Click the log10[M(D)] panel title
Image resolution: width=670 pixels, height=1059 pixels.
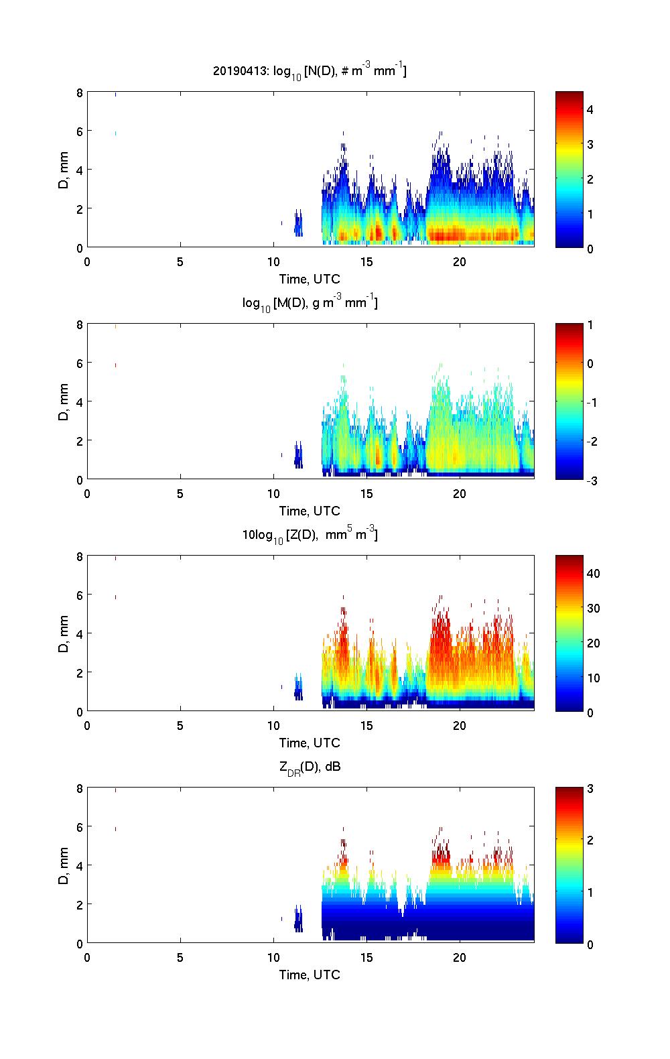(310, 303)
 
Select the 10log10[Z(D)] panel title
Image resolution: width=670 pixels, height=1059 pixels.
(310, 535)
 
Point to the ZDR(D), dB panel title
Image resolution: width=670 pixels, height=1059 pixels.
(310, 767)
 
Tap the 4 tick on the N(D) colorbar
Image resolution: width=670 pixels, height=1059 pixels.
(590, 109)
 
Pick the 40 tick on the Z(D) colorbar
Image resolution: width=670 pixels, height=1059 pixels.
(593, 573)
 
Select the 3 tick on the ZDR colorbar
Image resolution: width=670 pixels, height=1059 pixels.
(590, 789)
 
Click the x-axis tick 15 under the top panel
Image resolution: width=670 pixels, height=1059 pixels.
(366, 262)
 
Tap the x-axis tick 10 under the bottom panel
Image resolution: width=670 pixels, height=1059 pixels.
(273, 958)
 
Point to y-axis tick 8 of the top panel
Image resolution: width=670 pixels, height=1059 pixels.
(79, 92)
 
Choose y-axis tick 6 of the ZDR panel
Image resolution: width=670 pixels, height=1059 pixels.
(79, 828)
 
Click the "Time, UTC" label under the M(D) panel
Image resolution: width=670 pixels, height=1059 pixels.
(310, 511)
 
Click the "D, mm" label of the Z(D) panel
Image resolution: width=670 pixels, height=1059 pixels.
(64, 633)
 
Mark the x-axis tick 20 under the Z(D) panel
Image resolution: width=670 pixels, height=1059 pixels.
(460, 726)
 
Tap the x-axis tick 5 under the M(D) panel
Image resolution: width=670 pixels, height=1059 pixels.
(180, 494)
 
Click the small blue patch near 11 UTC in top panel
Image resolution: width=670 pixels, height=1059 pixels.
(298, 223)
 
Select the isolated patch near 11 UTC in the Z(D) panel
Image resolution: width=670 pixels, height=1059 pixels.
(298, 688)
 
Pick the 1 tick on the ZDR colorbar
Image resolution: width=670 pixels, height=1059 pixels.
(590, 892)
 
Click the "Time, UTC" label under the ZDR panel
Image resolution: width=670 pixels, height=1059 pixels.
(310, 975)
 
